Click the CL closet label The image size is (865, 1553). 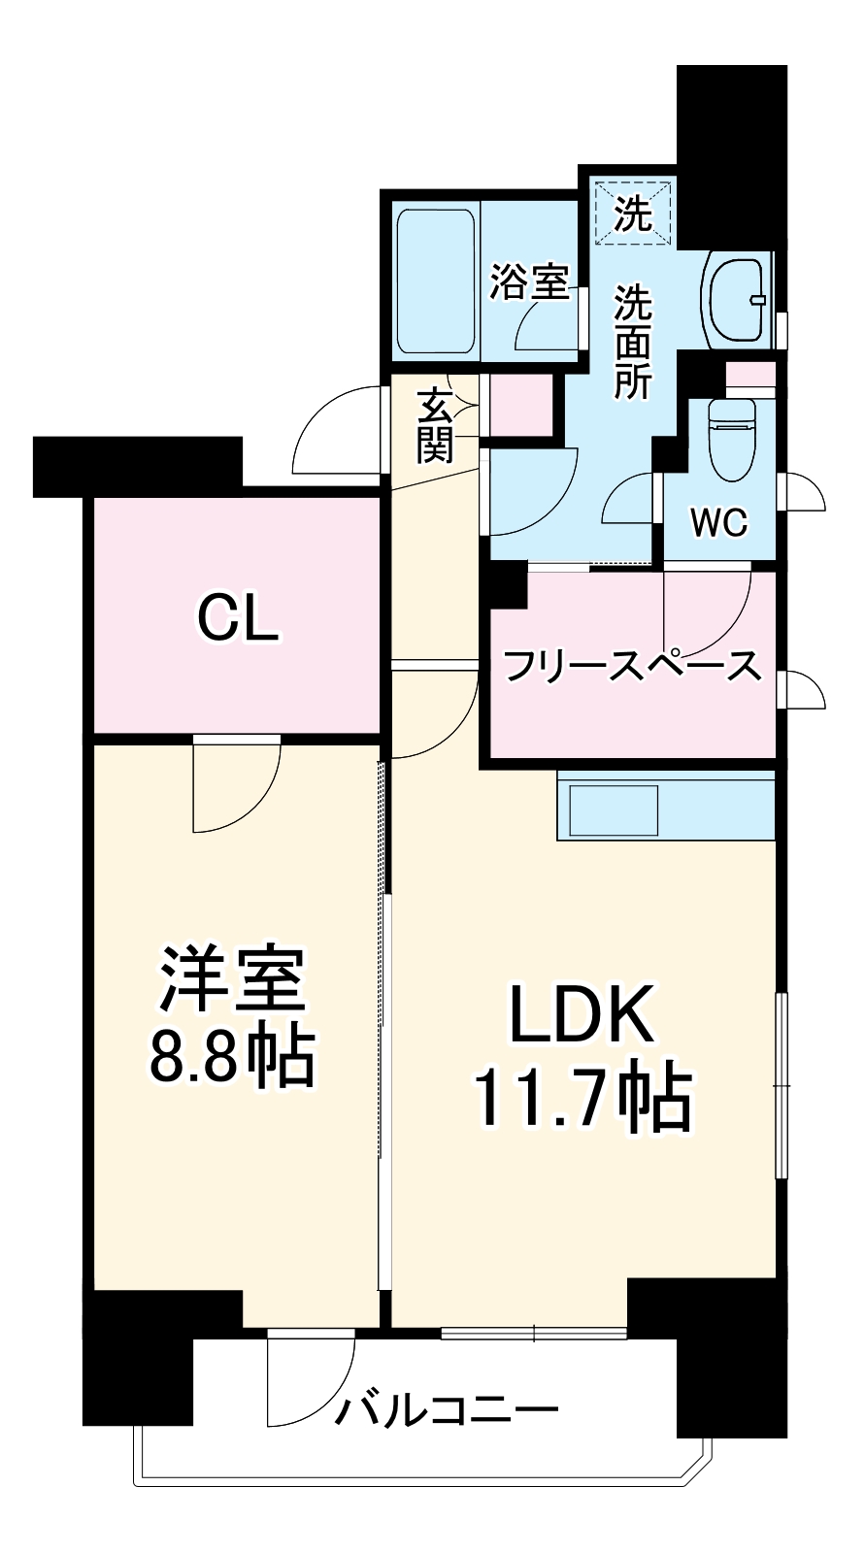[238, 617]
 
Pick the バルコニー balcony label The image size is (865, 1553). [447, 1408]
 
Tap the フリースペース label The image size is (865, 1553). [632, 666]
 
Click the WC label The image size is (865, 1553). [719, 523]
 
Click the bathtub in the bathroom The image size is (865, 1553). [437, 281]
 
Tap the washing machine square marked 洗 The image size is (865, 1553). [634, 213]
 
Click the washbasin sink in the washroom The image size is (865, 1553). [740, 299]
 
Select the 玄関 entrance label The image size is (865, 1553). [436, 424]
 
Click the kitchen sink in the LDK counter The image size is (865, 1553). [614, 810]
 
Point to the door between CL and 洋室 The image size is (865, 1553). [236, 786]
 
